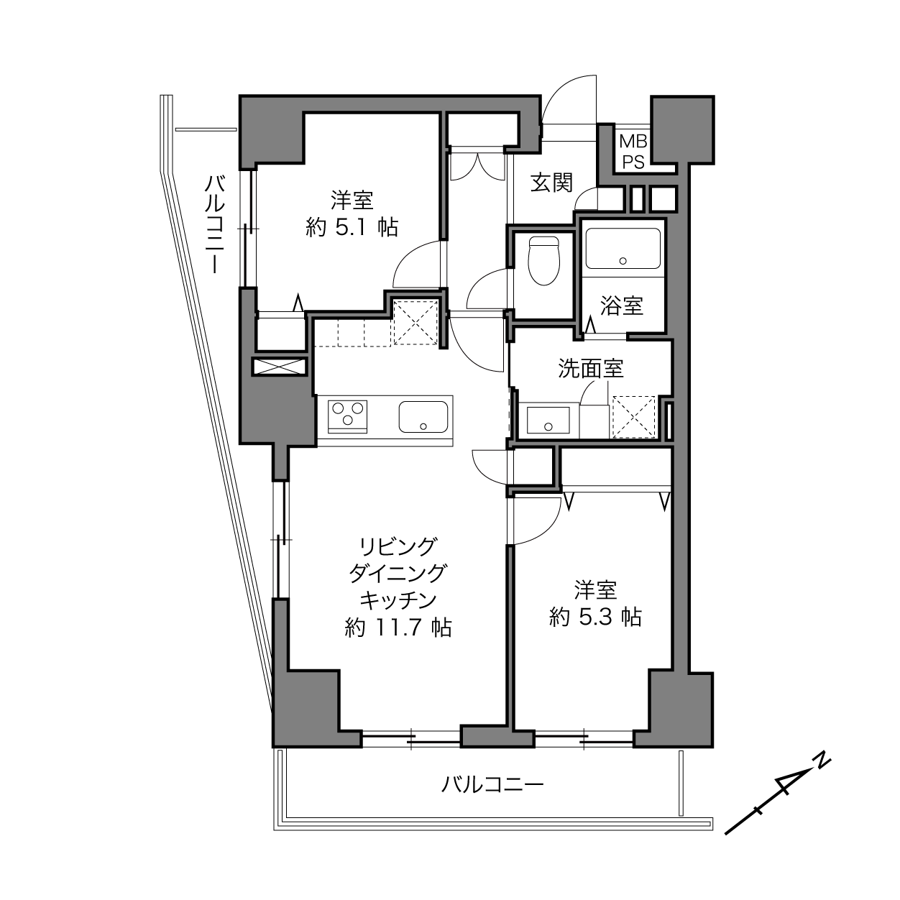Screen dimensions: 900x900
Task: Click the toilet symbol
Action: click(543, 261)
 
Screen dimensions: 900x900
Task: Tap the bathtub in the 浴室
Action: click(623, 248)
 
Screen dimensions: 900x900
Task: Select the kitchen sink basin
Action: click(423, 416)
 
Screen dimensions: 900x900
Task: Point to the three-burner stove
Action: click(347, 416)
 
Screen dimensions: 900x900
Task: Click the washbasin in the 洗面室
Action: click(548, 420)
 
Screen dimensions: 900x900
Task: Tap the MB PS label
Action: click(633, 152)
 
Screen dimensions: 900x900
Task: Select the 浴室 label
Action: click(622, 306)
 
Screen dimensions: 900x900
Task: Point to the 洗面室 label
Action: click(591, 369)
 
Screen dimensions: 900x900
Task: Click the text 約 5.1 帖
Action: click(352, 228)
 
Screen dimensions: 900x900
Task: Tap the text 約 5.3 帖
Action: click(595, 617)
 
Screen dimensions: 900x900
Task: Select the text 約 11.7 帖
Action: click(398, 628)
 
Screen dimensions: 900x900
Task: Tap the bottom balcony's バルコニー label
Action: click(492, 785)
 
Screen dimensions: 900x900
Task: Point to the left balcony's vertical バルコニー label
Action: click(215, 224)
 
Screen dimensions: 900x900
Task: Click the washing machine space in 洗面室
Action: click(634, 417)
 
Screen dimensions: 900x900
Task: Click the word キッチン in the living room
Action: click(398, 601)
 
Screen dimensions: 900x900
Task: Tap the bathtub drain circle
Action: click(623, 261)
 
